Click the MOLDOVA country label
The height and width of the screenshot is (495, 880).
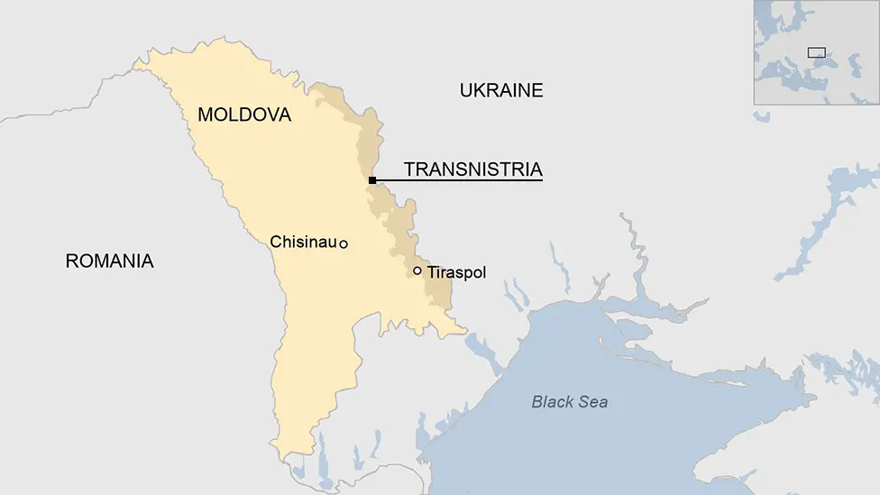244,115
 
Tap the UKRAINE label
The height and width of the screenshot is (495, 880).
501,90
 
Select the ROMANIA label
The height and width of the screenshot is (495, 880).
110,261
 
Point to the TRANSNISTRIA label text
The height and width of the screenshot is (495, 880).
472,169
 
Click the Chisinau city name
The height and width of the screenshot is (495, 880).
303,242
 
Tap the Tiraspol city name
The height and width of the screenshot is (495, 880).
456,271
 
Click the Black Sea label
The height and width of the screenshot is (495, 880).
570,402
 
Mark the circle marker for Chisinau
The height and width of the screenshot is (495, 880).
344,243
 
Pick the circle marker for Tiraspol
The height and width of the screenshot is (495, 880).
417,270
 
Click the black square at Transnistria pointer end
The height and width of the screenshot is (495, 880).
372,180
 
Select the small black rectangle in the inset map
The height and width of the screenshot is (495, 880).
816,52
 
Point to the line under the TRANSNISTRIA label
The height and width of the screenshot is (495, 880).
460,180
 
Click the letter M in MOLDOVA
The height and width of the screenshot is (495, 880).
206,115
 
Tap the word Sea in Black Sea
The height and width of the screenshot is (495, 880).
593,402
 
